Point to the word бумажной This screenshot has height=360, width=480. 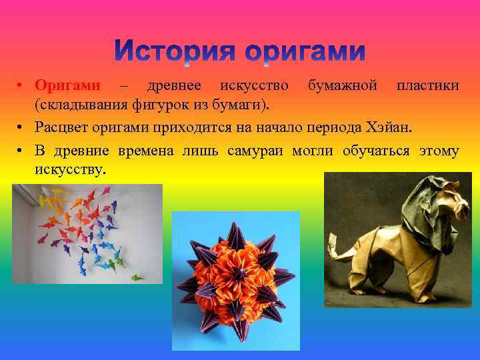(x=342, y=86)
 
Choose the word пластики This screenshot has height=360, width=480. (x=427, y=86)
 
